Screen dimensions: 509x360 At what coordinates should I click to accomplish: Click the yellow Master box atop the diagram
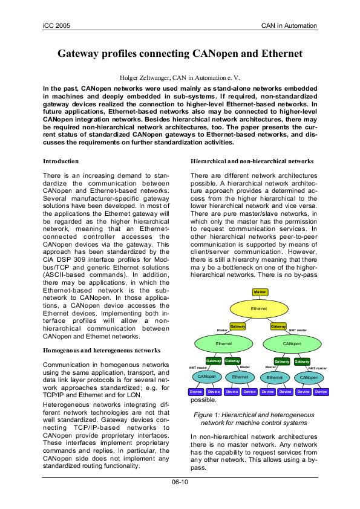tap(260, 292)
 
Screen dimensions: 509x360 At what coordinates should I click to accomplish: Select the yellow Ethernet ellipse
tap(259, 308)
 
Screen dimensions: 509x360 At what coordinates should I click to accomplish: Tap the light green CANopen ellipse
tap(292, 343)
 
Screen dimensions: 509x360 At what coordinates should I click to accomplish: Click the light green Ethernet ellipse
tap(224, 343)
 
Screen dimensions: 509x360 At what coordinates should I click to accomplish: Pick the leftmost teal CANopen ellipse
tap(206, 377)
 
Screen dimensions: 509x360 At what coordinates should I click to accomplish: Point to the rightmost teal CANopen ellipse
tap(308, 377)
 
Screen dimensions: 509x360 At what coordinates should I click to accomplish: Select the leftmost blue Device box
tap(196, 392)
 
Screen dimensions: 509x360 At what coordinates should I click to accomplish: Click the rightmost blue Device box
tap(321, 392)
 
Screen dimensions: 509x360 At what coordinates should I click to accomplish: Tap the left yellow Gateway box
tap(238, 326)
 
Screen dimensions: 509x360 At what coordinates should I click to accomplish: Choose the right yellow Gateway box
tap(278, 326)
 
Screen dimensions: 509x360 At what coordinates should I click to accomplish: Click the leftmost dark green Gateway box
tap(214, 361)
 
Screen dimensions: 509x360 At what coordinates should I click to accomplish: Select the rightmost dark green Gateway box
tap(302, 361)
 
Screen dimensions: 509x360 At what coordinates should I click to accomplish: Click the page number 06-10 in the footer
tap(180, 482)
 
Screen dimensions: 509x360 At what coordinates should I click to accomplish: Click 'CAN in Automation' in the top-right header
tap(289, 25)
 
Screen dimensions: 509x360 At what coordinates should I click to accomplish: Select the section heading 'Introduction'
tap(61, 161)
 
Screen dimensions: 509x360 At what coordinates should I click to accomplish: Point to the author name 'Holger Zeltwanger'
tap(144, 77)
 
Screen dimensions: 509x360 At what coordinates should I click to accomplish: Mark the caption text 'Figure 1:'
tap(209, 415)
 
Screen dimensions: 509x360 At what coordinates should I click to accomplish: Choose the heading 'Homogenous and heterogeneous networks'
tap(101, 351)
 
